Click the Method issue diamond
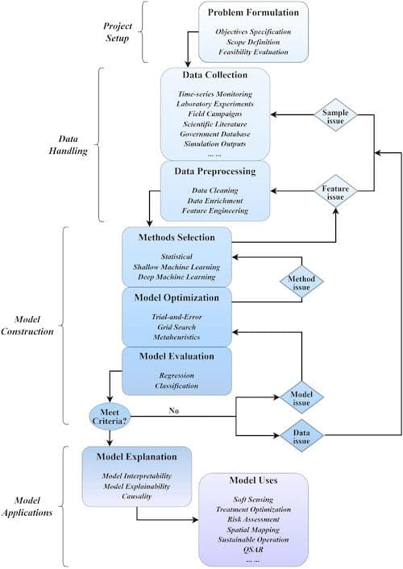click(x=300, y=282)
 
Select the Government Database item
click(x=214, y=133)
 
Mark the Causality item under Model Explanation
click(x=136, y=496)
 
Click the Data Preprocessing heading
click(x=214, y=171)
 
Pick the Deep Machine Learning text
click(x=177, y=276)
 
